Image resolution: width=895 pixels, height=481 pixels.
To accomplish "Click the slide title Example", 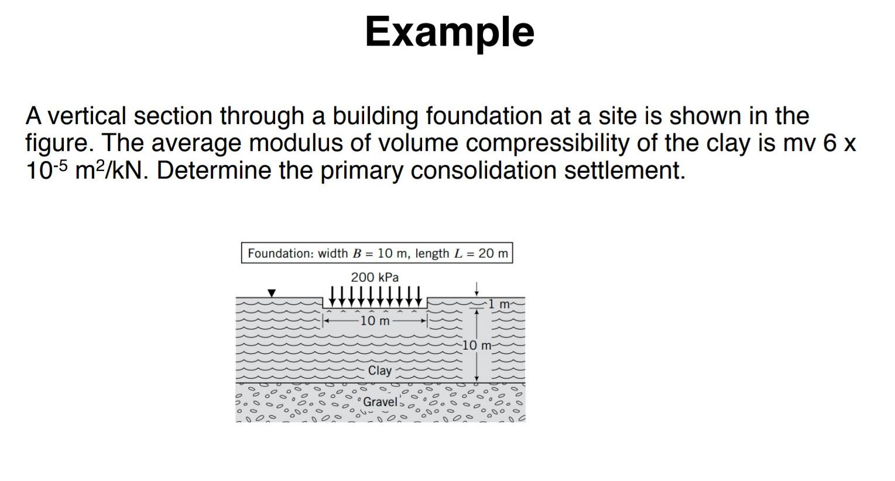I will click(450, 32).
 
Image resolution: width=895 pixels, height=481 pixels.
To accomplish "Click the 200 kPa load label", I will click(375, 277).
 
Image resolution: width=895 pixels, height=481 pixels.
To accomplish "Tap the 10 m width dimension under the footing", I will click(375, 320).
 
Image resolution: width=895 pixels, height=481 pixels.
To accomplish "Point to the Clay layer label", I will click(379, 370).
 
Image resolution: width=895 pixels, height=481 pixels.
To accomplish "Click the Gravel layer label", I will click(380, 402).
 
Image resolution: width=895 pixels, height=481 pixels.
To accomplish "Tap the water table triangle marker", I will click(271, 292).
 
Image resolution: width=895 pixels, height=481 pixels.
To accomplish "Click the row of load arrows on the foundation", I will click(375, 296).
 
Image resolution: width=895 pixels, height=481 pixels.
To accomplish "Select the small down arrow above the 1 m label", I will click(477, 289).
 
